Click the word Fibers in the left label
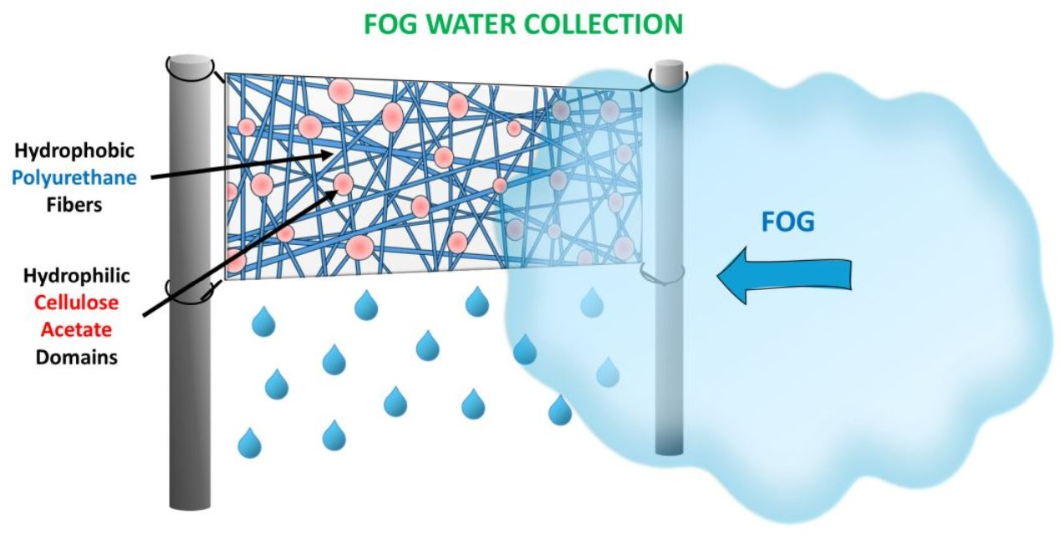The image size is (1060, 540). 75,204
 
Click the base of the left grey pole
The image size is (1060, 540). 190,501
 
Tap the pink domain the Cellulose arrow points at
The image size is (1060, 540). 344,184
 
